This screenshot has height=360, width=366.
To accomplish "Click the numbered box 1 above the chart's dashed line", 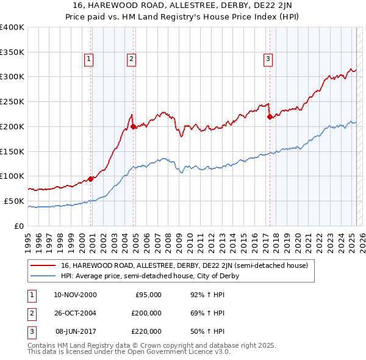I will [x=88, y=59].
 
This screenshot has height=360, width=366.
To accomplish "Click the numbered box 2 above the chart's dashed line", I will [x=131, y=59].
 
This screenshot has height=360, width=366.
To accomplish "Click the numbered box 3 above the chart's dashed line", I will [x=268, y=59].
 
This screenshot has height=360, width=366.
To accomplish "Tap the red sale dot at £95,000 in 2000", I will [x=91, y=179].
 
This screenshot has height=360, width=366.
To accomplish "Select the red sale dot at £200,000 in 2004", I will [x=134, y=126].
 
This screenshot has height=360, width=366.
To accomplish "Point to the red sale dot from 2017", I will [x=270, y=117].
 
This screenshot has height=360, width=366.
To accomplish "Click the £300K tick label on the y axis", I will [x=12, y=77].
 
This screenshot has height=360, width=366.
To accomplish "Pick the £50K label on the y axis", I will [x=14, y=201].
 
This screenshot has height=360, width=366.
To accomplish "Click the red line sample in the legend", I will [x=43, y=266].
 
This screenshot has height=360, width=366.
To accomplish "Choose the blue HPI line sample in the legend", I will [x=43, y=276].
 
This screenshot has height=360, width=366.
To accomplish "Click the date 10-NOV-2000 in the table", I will [x=75, y=295].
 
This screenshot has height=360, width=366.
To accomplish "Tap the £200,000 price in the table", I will [x=146, y=313].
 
